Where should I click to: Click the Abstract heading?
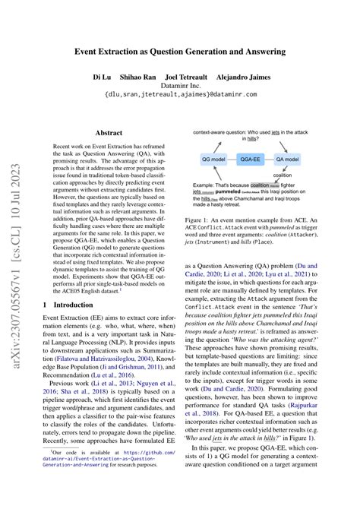click(x=108, y=131)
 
